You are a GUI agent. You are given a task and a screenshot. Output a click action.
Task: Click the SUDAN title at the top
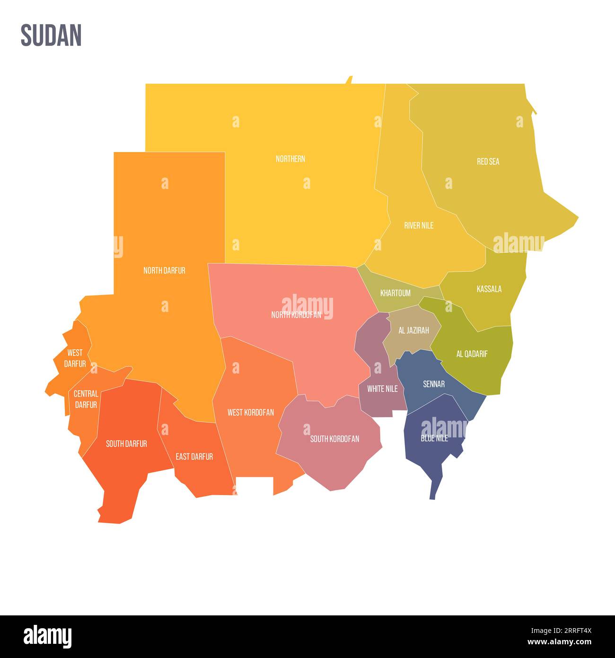(51, 36)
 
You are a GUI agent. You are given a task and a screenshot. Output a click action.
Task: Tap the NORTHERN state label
(290, 159)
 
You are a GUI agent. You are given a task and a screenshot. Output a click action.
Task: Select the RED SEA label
(488, 161)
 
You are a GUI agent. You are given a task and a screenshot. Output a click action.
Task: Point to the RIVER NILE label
(419, 225)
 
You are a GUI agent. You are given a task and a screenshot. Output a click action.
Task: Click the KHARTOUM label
(395, 293)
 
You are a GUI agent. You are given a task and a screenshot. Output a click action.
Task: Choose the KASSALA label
(489, 289)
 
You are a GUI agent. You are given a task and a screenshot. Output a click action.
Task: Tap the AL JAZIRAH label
(413, 330)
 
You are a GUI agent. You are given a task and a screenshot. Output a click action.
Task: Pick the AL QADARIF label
(472, 354)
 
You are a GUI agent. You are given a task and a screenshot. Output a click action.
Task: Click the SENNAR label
(434, 384)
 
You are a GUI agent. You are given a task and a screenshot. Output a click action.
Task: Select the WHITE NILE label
(382, 389)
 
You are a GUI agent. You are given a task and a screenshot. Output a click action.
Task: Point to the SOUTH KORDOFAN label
(334, 439)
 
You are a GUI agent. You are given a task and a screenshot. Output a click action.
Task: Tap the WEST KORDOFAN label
(251, 412)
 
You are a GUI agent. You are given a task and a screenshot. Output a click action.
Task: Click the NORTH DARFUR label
(164, 270)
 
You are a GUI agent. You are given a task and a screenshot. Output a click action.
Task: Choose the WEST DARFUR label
(75, 358)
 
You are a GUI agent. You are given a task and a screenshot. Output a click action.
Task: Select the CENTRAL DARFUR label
(86, 399)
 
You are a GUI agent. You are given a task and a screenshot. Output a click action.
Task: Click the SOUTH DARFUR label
(126, 444)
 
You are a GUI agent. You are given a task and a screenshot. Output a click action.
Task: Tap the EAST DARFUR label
(194, 456)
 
